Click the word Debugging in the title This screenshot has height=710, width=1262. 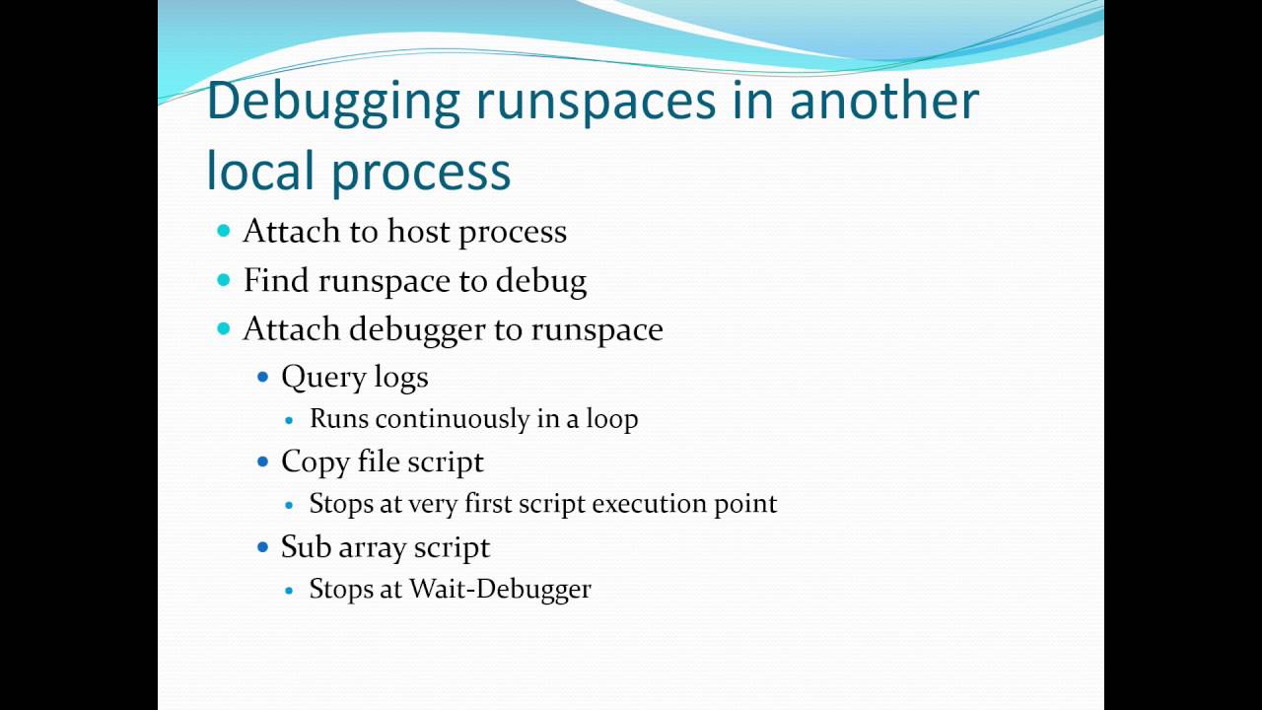[x=333, y=103]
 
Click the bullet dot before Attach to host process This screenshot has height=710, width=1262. [x=223, y=231]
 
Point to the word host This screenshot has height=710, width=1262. [x=418, y=232]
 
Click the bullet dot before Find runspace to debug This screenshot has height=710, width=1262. [x=223, y=280]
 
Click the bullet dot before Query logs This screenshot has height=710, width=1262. [x=262, y=377]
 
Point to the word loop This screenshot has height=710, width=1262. [x=612, y=419]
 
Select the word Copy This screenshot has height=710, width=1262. [x=310, y=462]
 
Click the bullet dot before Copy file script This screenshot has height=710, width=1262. [x=262, y=461]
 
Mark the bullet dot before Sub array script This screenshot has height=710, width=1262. [x=262, y=546]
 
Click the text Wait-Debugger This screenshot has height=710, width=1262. [x=500, y=589]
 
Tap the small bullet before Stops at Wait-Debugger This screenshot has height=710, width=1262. [x=289, y=590]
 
